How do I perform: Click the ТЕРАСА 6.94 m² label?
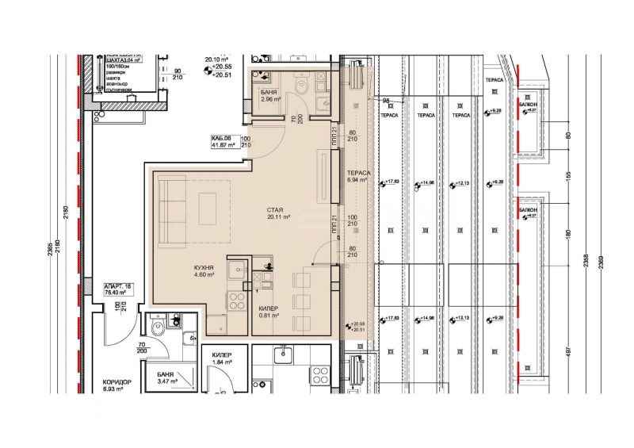coord(357,177)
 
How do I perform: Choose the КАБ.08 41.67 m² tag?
coord(220,142)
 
